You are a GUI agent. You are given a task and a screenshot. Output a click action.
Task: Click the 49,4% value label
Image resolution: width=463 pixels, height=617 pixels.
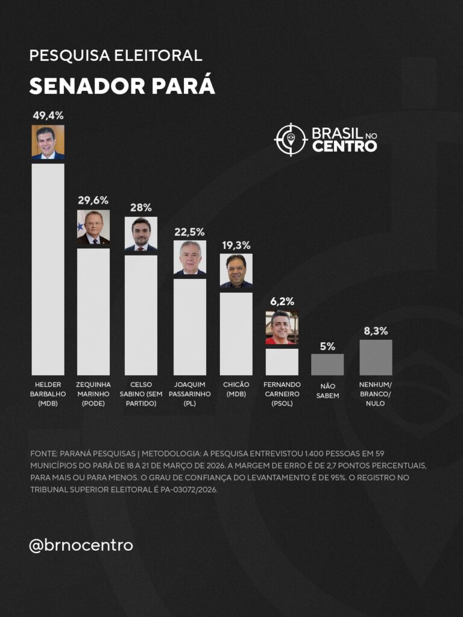click(x=48, y=116)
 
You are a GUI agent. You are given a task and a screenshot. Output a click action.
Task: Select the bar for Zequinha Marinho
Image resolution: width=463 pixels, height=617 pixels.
click(x=93, y=311)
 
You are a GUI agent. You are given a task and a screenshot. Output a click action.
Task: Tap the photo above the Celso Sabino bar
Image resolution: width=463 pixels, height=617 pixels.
click(x=141, y=234)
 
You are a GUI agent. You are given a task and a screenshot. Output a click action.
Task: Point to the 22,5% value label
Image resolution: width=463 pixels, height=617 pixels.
click(x=189, y=231)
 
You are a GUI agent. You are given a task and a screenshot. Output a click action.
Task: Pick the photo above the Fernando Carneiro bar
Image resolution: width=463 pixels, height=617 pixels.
click(x=282, y=328)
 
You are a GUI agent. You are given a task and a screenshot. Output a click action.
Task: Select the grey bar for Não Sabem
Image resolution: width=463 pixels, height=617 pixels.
click(x=327, y=364)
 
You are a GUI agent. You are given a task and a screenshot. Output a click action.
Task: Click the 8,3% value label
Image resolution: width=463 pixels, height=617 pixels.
click(x=376, y=331)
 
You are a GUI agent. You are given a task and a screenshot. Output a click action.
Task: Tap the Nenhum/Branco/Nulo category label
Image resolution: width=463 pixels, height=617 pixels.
click(x=376, y=394)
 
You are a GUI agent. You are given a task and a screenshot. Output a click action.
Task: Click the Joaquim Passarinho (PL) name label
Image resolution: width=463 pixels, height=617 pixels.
click(x=189, y=394)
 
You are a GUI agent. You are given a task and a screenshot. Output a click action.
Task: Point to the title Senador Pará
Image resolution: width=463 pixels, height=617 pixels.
click(x=122, y=86)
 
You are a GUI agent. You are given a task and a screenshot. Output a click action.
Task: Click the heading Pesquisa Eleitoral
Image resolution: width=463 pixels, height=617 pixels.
click(x=115, y=56)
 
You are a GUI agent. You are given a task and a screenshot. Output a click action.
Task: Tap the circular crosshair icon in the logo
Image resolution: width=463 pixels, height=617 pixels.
click(x=291, y=139)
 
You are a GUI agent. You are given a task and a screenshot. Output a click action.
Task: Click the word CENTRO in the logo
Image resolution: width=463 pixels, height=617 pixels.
click(x=344, y=146)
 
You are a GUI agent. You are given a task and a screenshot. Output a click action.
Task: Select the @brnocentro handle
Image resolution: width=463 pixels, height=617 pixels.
click(x=81, y=545)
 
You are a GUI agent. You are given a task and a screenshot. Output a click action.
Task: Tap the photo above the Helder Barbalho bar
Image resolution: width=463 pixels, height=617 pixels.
click(x=48, y=142)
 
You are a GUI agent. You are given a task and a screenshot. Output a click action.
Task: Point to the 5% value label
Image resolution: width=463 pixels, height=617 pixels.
click(x=327, y=346)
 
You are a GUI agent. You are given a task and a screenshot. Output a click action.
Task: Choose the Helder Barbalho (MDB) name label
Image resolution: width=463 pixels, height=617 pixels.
click(x=48, y=394)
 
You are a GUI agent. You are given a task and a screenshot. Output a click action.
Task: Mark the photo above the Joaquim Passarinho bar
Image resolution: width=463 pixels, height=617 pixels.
click(x=189, y=258)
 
